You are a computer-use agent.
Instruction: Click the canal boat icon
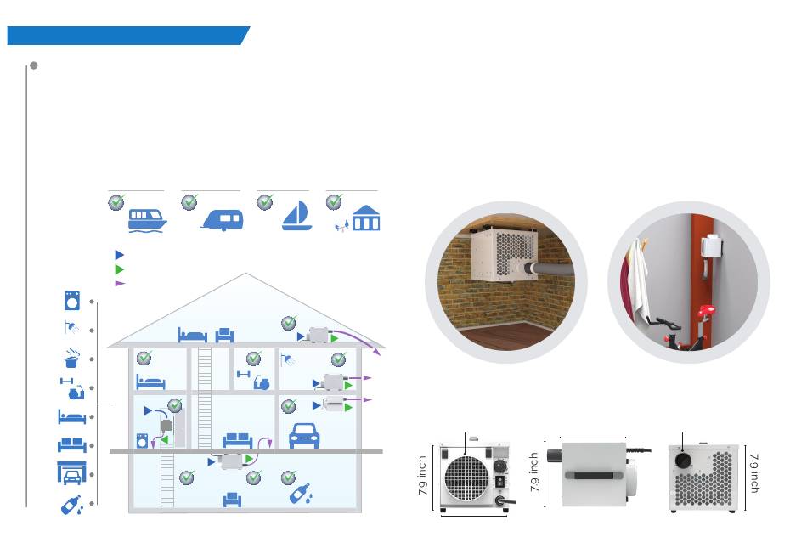tap(147, 220)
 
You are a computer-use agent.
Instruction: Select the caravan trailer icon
tap(222, 221)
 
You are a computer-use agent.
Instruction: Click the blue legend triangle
tap(120, 254)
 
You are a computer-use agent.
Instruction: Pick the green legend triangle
tap(120, 269)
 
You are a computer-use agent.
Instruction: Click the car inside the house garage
tap(304, 434)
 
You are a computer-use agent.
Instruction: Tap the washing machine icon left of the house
tap(72, 301)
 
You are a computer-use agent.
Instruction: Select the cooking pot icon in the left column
tap(72, 359)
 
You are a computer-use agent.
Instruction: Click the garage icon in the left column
tap(72, 472)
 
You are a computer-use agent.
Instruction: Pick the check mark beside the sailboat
tap(265, 201)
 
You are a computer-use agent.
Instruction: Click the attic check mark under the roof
tap(289, 322)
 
